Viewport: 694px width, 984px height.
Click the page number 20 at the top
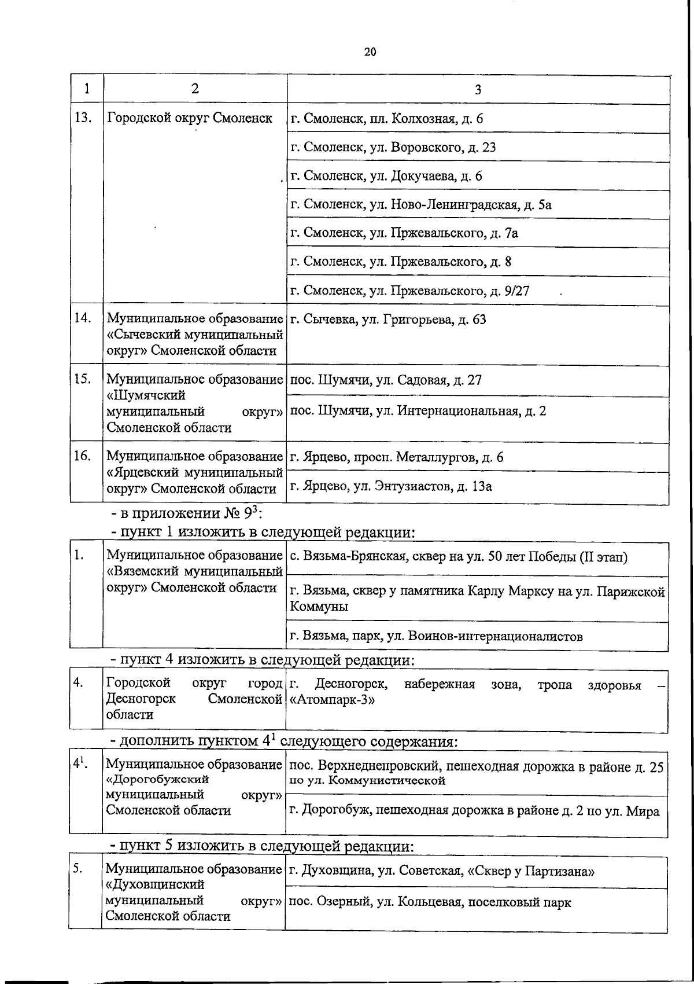pos(370,52)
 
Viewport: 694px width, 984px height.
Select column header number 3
pos(478,89)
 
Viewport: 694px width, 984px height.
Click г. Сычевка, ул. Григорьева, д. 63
pos(387,320)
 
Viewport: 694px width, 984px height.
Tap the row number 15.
pos(83,379)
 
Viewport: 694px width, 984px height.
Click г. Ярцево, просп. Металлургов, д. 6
pos(396,457)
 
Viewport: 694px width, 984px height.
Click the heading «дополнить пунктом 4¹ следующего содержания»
pos(285,741)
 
